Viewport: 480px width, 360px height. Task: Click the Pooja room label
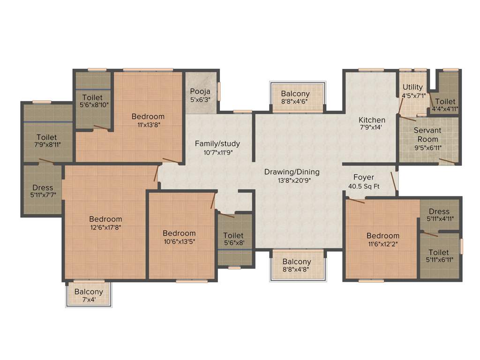tap(200, 91)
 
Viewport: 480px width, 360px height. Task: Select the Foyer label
tap(364, 177)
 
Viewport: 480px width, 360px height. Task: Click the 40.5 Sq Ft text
tap(364, 186)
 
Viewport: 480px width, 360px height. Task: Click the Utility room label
tap(412, 87)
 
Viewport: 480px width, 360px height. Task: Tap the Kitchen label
tap(372, 120)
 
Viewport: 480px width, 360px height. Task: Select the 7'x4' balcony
tap(89, 295)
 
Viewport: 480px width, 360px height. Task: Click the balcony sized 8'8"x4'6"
tap(295, 97)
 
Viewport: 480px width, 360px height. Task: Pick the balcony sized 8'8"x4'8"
tap(296, 265)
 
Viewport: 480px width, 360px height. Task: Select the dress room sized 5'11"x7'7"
tap(43, 191)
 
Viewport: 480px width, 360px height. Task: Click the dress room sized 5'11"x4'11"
tap(439, 215)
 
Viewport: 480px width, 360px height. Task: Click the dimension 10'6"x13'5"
tap(179, 241)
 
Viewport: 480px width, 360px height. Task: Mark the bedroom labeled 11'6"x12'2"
tap(383, 240)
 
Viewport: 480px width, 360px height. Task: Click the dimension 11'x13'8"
tap(148, 125)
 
